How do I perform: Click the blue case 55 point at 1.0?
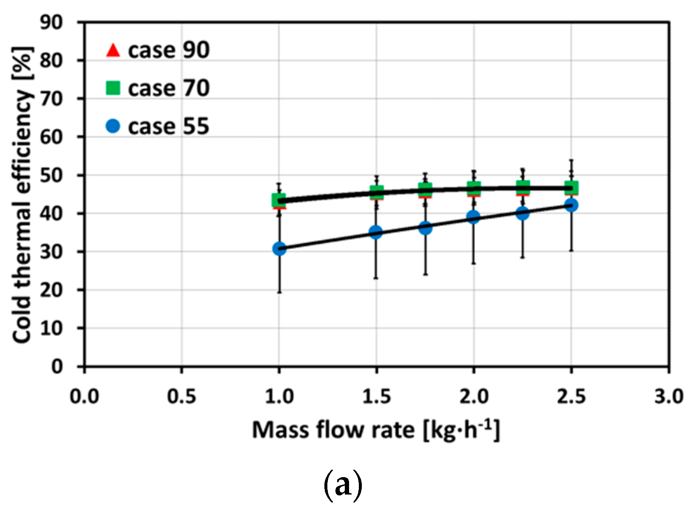(279, 248)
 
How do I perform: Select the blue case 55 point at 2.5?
(571, 205)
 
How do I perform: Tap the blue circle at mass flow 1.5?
(376, 232)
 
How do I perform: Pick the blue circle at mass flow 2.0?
(473, 217)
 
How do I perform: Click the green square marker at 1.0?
(278, 200)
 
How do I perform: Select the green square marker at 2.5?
(571, 187)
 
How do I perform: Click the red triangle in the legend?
(113, 50)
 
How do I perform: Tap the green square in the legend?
(113, 88)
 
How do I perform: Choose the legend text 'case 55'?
(168, 126)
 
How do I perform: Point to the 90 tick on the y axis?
(51, 22)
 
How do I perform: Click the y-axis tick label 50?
(51, 175)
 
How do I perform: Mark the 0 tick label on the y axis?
(57, 366)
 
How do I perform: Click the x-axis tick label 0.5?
(182, 397)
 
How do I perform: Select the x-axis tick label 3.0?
(669, 397)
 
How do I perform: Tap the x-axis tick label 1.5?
(376, 397)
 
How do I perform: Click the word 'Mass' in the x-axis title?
(281, 430)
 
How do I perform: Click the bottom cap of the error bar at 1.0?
(279, 293)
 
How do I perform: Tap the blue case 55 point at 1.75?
(425, 228)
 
